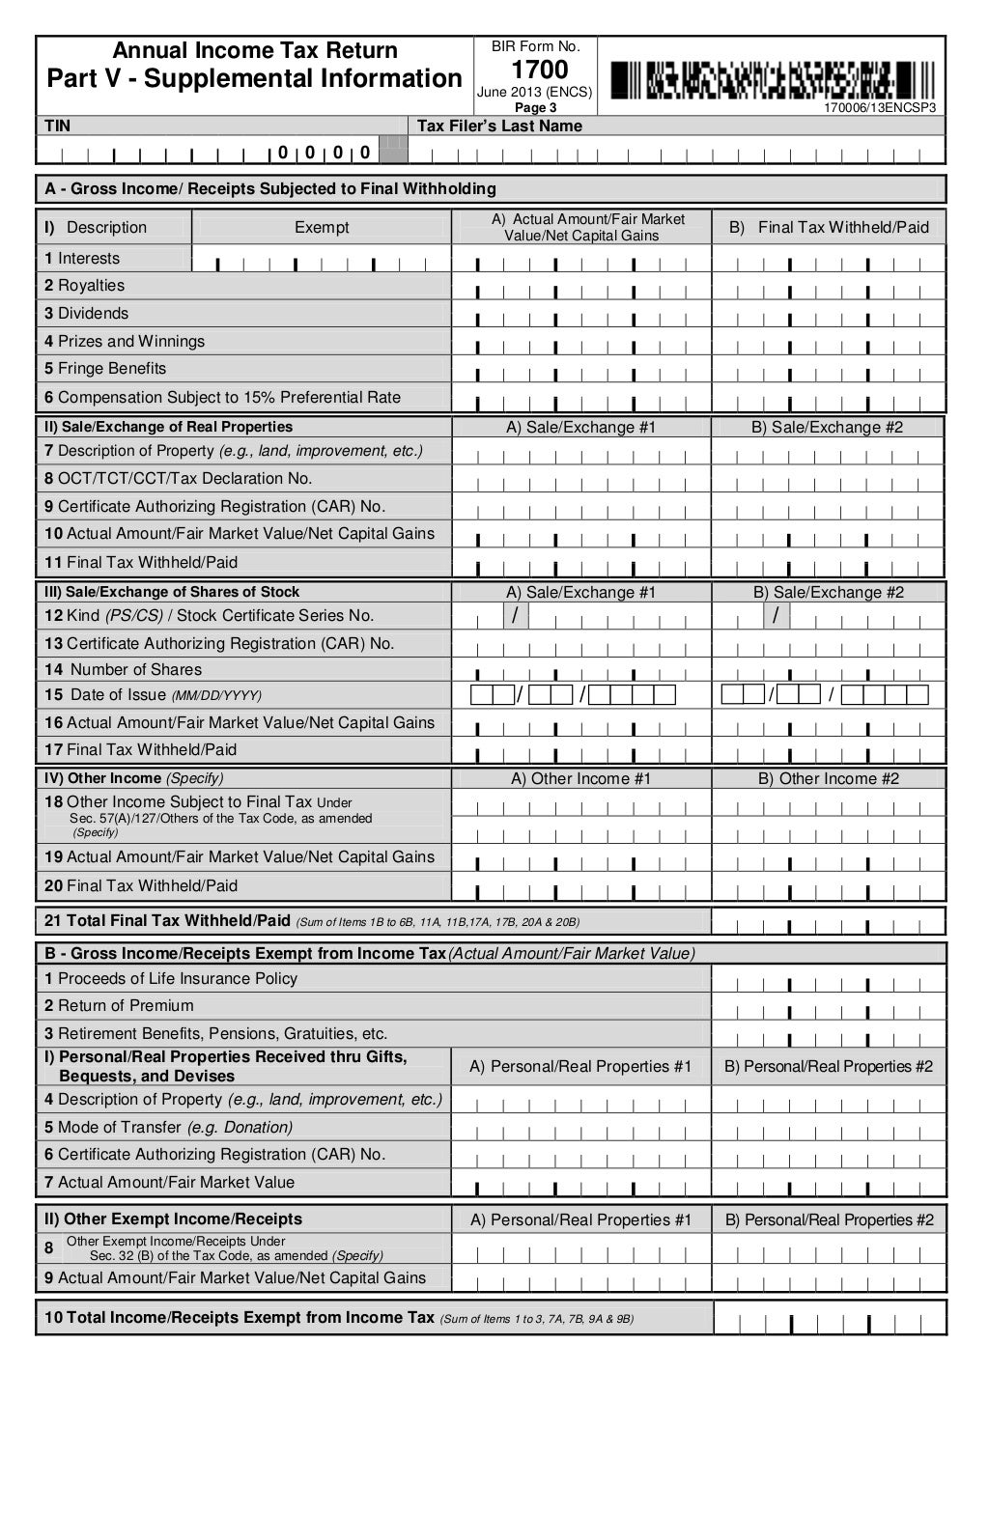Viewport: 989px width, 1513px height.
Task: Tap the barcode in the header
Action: coord(773,80)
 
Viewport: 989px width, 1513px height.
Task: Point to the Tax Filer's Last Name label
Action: coord(499,126)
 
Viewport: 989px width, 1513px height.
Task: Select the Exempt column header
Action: coord(322,227)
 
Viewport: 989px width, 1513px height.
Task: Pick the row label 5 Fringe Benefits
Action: coord(105,369)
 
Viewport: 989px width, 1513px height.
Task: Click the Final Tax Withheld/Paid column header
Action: coord(829,227)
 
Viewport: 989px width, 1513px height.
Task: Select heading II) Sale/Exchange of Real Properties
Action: coord(168,427)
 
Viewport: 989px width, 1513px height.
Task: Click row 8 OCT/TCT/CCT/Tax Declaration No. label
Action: coord(178,479)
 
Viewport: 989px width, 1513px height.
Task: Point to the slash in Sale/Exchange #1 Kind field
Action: coord(515,616)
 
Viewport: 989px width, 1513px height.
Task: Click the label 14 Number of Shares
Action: coord(123,669)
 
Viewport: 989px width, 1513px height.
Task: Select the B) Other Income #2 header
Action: coord(829,778)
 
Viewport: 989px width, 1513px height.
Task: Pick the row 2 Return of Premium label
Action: coord(119,1005)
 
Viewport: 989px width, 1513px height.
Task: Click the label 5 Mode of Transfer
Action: coord(168,1127)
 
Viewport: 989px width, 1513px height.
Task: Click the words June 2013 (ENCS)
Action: coord(534,93)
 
